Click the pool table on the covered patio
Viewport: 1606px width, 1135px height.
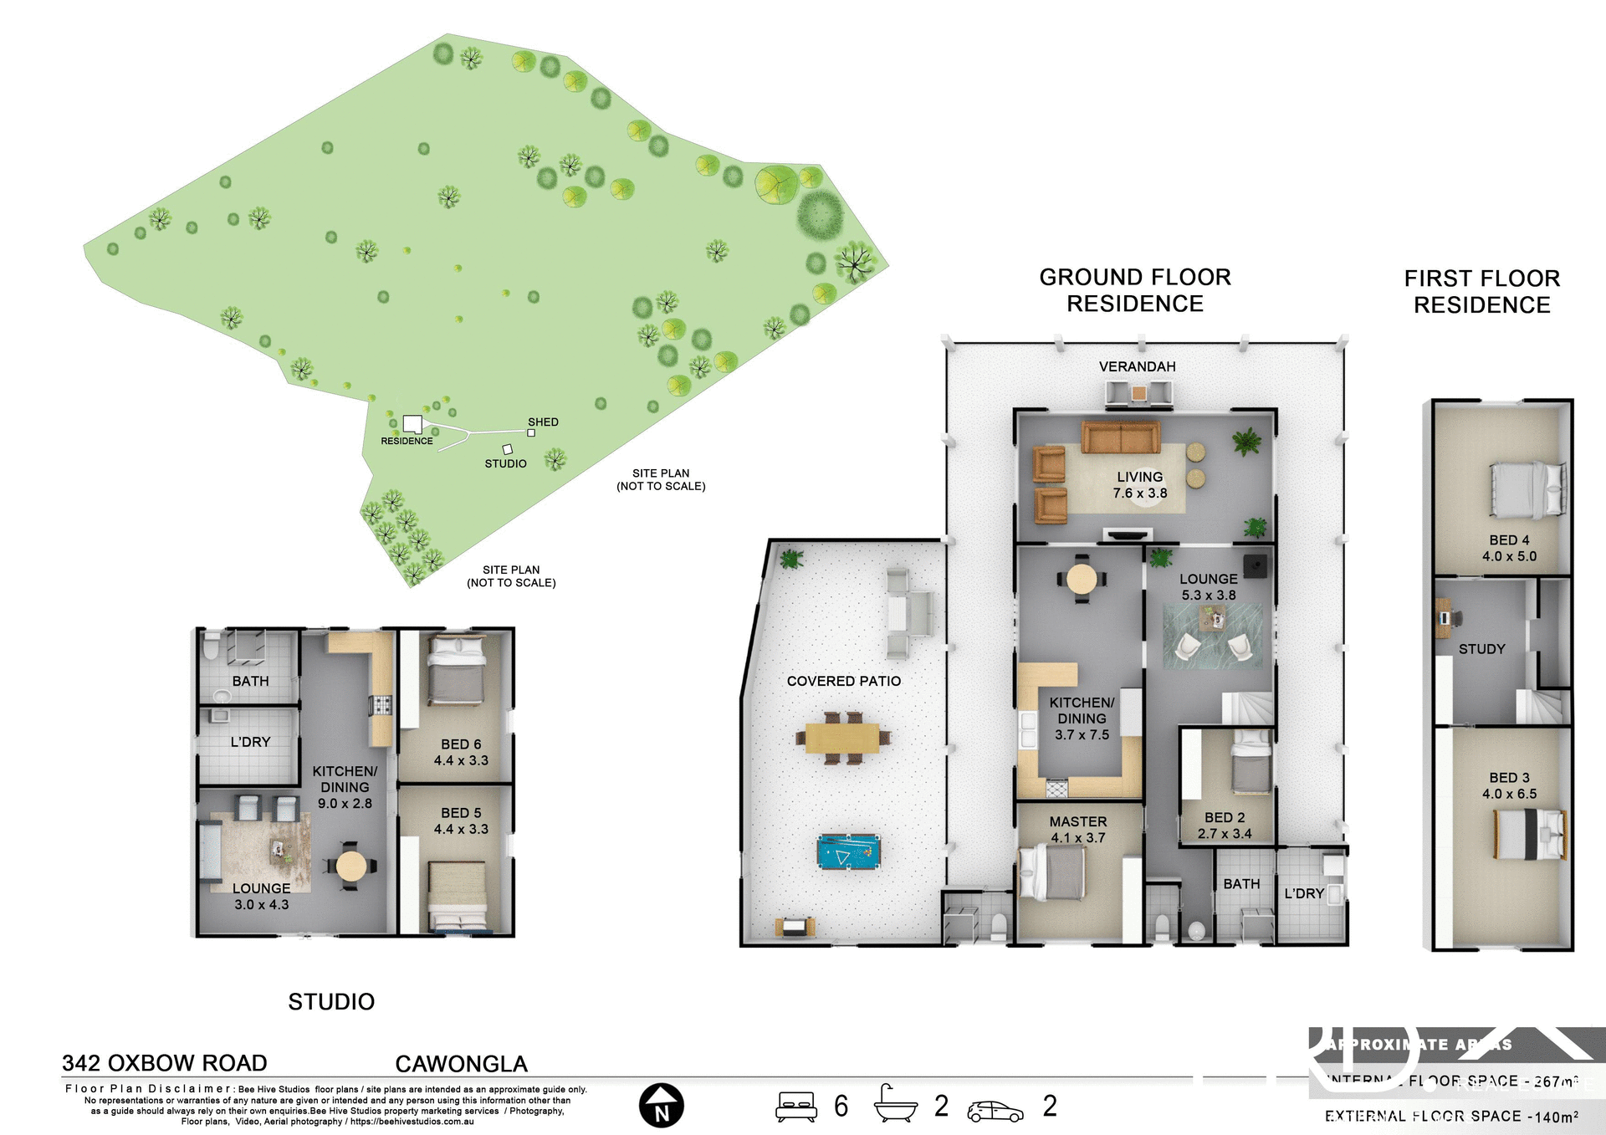tap(848, 851)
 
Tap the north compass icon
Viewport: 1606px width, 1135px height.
tap(662, 1106)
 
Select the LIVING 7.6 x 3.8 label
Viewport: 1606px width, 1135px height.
tap(1139, 485)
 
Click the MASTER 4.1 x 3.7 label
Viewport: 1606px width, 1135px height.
tap(1078, 830)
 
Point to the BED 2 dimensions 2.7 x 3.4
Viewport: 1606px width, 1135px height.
tap(1225, 834)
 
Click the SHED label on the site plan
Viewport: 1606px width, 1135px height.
tap(543, 422)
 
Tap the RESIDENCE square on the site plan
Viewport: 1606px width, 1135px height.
tap(412, 423)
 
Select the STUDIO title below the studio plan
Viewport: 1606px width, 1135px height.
tap(331, 1001)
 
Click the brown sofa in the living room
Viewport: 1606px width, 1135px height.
tap(1120, 437)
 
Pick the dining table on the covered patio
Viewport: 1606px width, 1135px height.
tap(842, 738)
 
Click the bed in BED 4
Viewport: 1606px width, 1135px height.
tap(1527, 489)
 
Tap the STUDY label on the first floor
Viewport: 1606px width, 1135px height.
tap(1481, 649)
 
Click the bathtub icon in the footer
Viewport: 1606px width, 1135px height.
tap(895, 1104)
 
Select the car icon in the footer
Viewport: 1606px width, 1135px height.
tap(995, 1111)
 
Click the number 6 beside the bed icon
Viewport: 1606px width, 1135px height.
tap(841, 1106)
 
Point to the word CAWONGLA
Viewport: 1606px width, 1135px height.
tap(461, 1064)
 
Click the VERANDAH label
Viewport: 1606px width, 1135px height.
tap(1137, 366)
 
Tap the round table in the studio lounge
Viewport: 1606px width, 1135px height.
tap(350, 865)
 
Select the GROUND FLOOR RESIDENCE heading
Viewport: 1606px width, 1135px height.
tap(1134, 290)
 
